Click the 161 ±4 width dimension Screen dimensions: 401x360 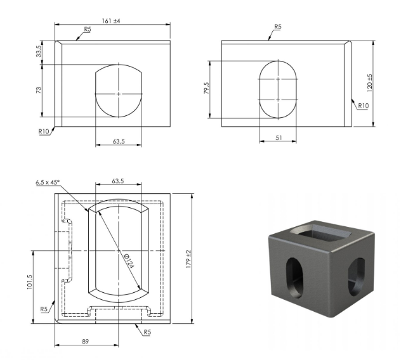point(111,21)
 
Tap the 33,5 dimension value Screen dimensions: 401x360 point(39,51)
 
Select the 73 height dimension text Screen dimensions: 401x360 point(39,90)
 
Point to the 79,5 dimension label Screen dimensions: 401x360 point(207,88)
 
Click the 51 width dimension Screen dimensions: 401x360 point(279,138)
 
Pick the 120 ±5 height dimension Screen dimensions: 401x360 point(369,83)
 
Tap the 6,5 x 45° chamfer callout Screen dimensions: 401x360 point(48,182)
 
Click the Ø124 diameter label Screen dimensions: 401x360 point(129,260)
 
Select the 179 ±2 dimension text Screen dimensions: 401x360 point(188,259)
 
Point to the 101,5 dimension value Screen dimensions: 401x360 point(30,282)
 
